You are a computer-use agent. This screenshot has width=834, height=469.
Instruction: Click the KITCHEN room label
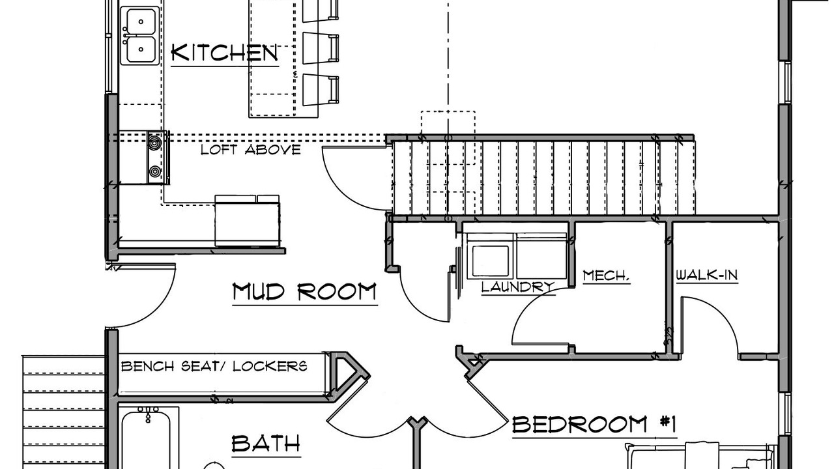point(225,53)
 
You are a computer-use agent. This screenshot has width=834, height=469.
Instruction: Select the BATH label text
point(266,444)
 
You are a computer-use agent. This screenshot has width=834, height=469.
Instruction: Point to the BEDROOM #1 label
point(594,424)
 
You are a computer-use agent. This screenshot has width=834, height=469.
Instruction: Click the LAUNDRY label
point(518,287)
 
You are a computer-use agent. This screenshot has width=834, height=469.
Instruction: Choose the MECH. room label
point(606,276)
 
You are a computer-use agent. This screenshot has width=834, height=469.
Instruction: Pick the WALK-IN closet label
point(707,275)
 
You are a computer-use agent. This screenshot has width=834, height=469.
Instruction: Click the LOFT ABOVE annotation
point(251,150)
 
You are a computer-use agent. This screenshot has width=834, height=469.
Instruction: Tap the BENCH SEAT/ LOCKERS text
point(214,366)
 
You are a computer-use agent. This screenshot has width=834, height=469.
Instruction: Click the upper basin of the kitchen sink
point(141,21)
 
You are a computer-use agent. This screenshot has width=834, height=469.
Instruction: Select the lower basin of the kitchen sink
point(141,50)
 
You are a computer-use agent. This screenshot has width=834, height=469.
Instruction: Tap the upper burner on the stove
point(154,142)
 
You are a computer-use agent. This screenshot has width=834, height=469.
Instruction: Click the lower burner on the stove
point(154,171)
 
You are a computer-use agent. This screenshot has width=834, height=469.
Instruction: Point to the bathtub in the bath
point(146,439)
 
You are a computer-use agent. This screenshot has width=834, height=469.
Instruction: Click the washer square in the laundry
point(491,261)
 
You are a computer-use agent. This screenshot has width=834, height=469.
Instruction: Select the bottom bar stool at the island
point(320,90)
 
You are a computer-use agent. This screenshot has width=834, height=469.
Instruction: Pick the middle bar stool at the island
point(320,48)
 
